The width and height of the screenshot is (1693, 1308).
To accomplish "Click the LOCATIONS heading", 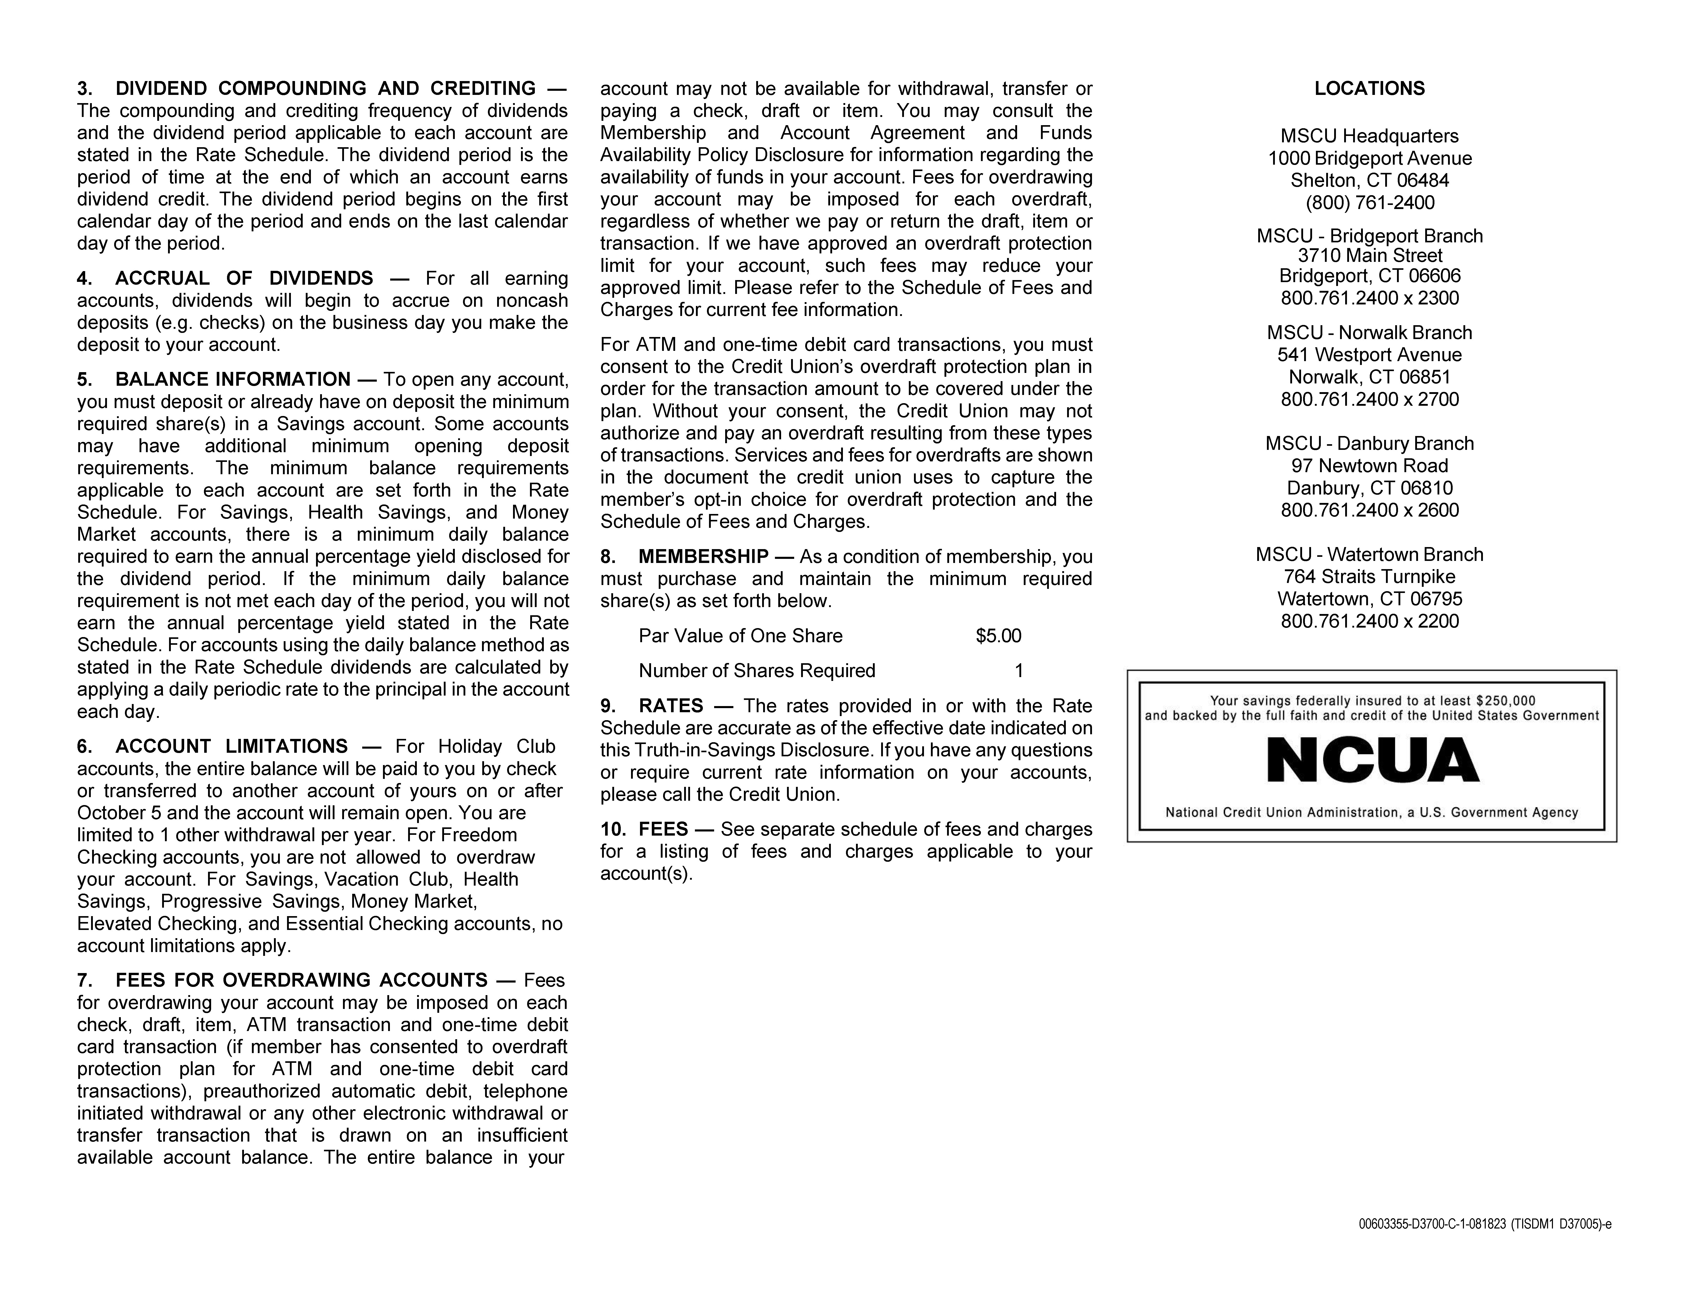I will [x=1369, y=88].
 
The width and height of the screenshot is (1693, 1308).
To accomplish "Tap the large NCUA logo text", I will [x=1372, y=760].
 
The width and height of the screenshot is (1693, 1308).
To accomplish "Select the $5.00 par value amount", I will [x=998, y=636].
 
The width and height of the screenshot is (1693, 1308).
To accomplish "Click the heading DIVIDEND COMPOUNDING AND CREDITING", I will [x=326, y=88].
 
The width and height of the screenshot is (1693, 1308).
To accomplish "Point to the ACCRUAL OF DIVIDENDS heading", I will [x=244, y=278].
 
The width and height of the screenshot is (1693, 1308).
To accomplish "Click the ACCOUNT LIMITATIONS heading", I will [x=231, y=746].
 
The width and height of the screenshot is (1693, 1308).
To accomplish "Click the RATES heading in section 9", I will [x=671, y=706].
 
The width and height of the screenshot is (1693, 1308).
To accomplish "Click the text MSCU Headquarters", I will [x=1369, y=136].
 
